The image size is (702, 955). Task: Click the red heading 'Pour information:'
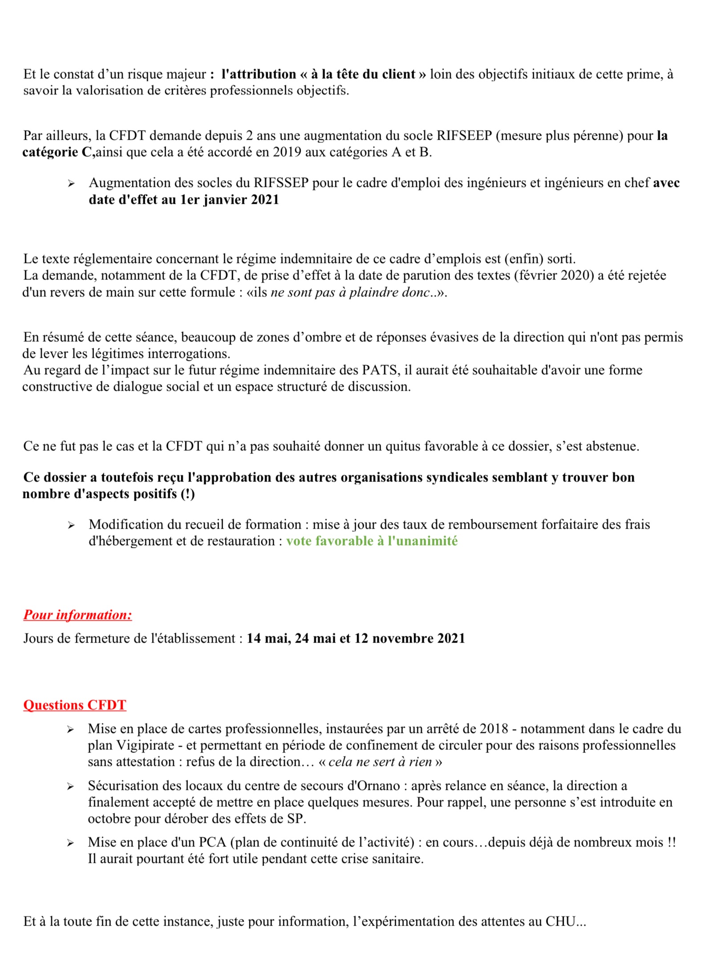click(77, 615)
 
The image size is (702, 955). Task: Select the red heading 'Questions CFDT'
click(75, 705)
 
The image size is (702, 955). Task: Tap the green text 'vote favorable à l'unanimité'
click(372, 541)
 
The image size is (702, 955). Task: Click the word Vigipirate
click(146, 745)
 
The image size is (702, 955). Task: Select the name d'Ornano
click(373, 785)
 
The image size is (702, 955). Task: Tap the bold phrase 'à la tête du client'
click(363, 74)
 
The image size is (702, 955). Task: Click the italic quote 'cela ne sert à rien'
click(380, 761)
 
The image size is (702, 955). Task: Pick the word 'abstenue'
click(612, 446)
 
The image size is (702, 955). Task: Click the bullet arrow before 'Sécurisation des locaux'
click(70, 786)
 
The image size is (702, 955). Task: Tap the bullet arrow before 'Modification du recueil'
click(71, 525)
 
